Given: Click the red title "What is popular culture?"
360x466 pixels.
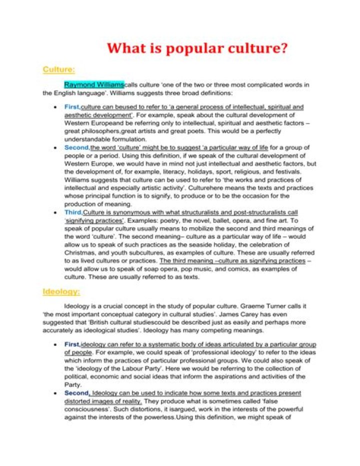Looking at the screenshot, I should (198, 49).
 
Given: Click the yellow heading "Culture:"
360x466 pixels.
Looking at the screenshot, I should (58, 69).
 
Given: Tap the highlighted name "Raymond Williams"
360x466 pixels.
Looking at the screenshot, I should (94, 85).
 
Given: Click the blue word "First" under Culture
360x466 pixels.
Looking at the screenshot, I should (72, 107).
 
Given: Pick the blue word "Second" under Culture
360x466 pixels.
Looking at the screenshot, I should (76, 148).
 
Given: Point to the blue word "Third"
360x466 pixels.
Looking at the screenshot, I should (73, 213).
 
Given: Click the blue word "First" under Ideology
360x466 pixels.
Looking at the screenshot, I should (72, 345).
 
